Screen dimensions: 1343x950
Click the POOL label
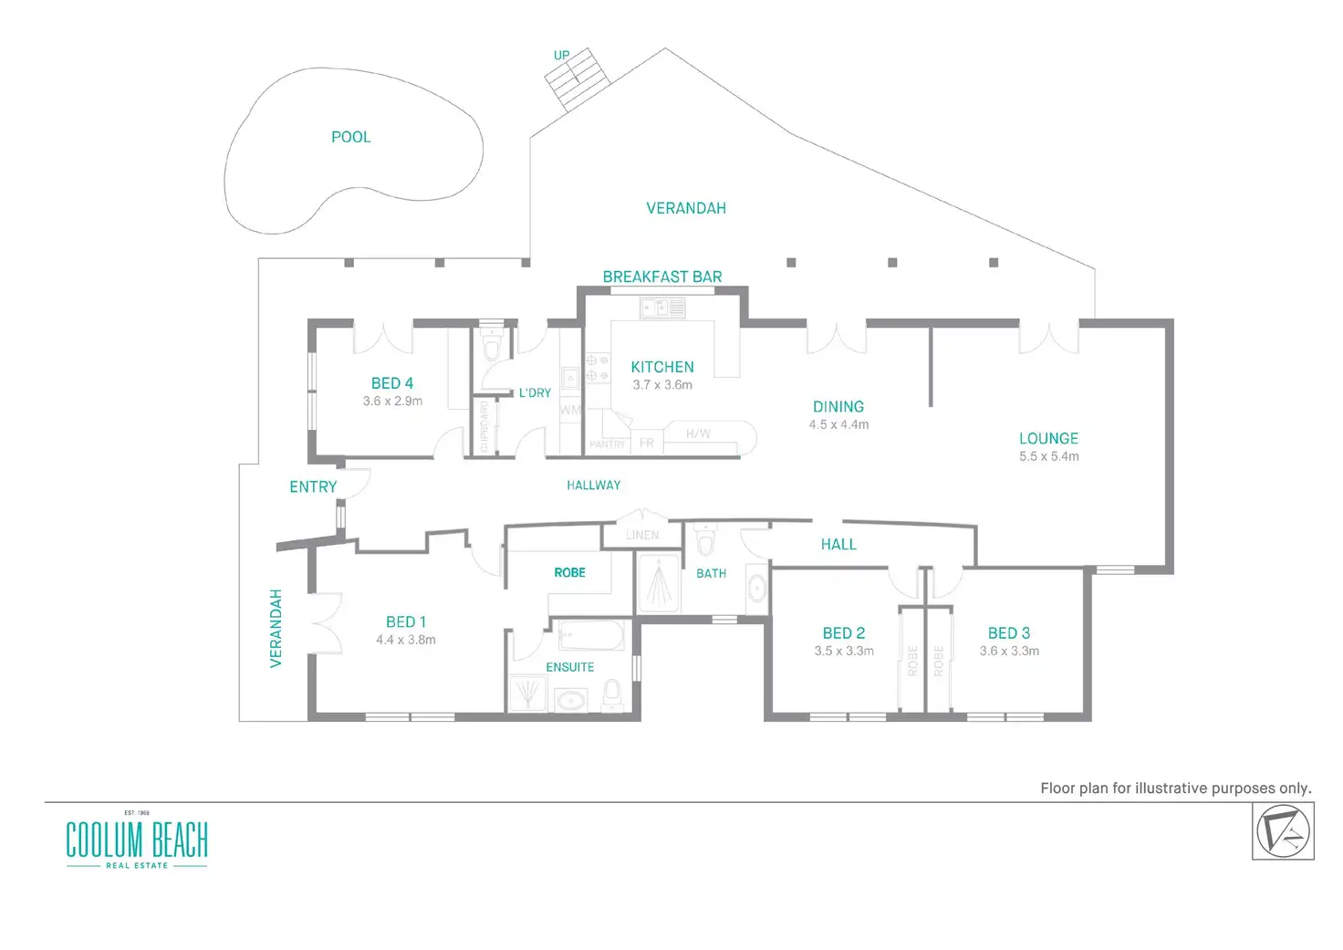350,137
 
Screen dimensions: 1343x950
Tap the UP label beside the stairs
561,56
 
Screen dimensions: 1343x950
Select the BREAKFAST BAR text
662,277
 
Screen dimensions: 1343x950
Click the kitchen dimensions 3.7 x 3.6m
662,385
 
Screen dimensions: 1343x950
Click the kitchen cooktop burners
597,368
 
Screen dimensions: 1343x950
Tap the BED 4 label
392,383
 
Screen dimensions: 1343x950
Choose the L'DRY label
535,392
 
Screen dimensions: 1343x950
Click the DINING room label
838,407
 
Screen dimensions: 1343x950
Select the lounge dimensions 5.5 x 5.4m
1049,456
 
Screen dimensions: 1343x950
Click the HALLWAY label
593,485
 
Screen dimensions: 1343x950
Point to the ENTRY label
313,487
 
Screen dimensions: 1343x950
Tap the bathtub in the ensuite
590,635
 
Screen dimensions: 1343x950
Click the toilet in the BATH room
704,541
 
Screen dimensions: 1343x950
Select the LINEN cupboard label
642,536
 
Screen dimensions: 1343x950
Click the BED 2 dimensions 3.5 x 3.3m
844,651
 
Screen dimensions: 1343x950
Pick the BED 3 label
1009,633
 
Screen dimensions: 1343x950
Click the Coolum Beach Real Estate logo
137,840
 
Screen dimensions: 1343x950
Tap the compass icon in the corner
1283,831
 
